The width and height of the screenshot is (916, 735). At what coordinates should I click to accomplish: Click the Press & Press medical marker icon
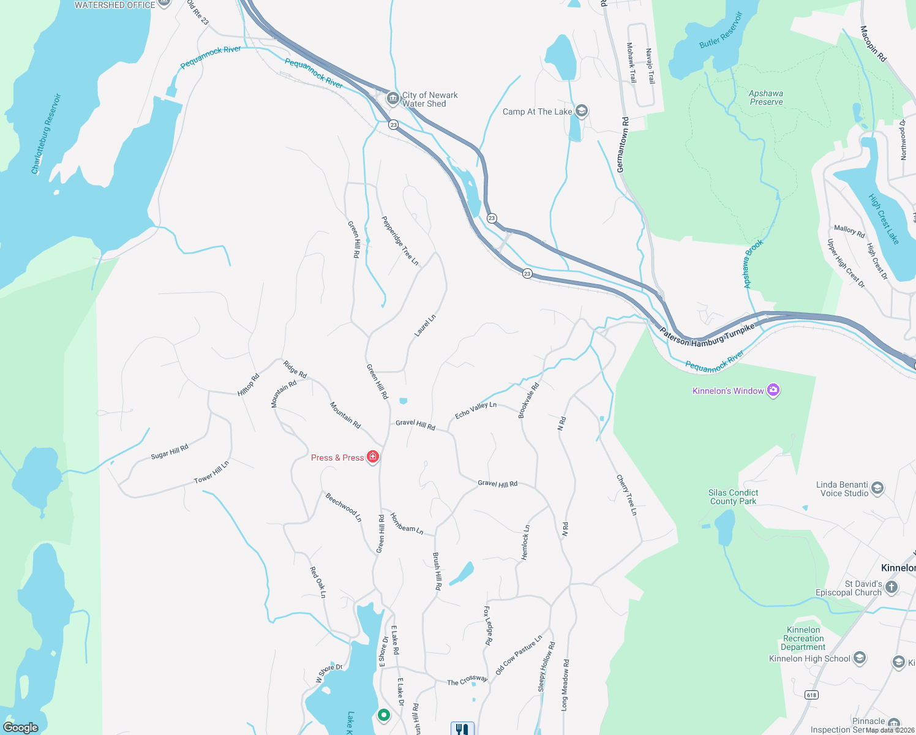pyautogui.click(x=373, y=457)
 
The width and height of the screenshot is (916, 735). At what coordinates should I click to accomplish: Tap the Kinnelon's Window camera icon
pyautogui.click(x=773, y=390)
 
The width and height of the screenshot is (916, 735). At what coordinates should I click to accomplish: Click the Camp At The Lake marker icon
pyautogui.click(x=582, y=111)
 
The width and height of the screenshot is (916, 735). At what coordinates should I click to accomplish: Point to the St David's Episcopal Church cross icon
pyautogui.click(x=892, y=587)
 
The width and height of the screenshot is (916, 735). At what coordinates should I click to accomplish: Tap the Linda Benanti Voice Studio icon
pyautogui.click(x=877, y=488)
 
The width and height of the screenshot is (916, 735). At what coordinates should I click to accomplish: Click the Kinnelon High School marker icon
pyautogui.click(x=860, y=658)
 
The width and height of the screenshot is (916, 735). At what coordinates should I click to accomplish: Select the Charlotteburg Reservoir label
pyautogui.click(x=47, y=134)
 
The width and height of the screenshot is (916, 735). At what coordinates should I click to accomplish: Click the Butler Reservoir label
pyautogui.click(x=721, y=30)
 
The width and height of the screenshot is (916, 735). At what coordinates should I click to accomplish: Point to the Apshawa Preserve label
pyautogui.click(x=766, y=97)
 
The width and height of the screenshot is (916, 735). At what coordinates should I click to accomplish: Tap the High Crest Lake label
pyautogui.click(x=884, y=219)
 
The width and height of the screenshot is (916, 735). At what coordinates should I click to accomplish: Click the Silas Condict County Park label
pyautogui.click(x=733, y=497)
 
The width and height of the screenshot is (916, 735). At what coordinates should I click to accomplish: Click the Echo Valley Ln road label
pyautogui.click(x=476, y=410)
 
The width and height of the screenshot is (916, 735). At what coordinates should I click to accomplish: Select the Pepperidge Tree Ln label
pyautogui.click(x=400, y=241)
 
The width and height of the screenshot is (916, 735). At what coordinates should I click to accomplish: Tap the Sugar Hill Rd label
pyautogui.click(x=170, y=452)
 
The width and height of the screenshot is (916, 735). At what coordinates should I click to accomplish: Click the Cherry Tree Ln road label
pyautogui.click(x=626, y=495)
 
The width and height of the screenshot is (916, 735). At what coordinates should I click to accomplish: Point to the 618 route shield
pyautogui.click(x=812, y=695)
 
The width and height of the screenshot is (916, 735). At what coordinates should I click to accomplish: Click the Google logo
pyautogui.click(x=20, y=727)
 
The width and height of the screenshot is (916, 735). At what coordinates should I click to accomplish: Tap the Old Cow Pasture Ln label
pyautogui.click(x=519, y=655)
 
